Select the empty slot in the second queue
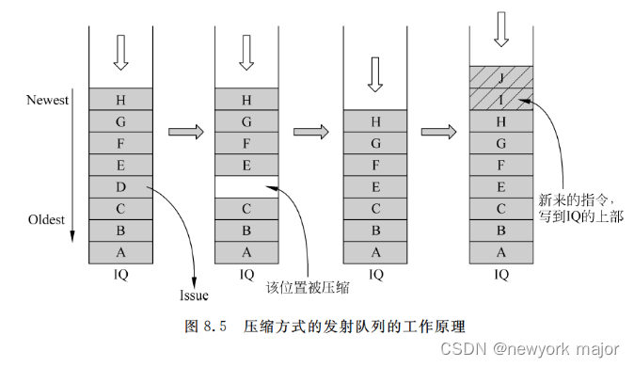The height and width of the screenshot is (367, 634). coord(246,186)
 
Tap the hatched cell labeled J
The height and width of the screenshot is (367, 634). coord(501,77)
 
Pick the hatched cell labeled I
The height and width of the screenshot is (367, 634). coord(501,99)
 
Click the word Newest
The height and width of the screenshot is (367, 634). coord(46,101)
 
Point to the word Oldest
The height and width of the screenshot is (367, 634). coord(45,220)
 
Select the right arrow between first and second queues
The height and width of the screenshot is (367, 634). coord(184,132)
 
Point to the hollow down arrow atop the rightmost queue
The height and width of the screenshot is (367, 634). coord(501,30)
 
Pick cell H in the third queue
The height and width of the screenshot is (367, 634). coord(375,120)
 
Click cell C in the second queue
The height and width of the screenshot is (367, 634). coord(246,208)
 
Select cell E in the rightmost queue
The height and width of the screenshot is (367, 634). coord(501,186)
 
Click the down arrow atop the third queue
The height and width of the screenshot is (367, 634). coord(375,73)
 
